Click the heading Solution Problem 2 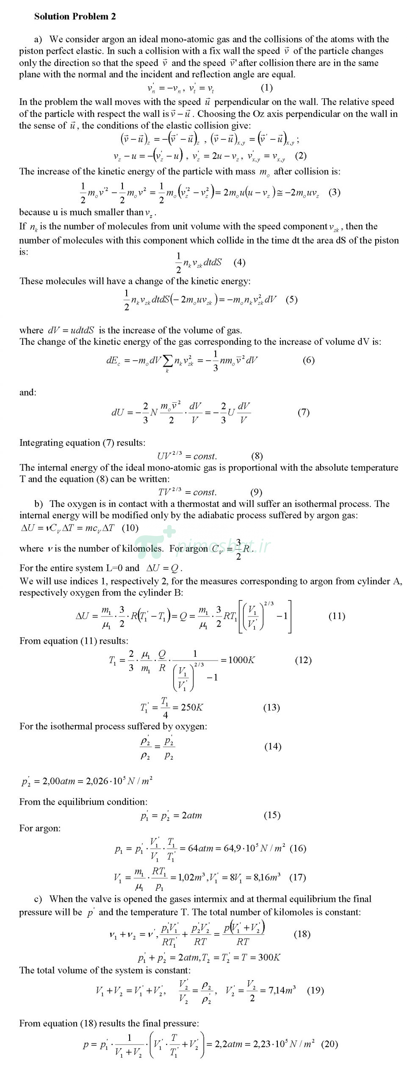75,17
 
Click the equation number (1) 266,88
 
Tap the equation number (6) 308,360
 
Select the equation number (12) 303,660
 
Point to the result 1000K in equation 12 241,660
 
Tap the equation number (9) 256,492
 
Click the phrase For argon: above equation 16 40,828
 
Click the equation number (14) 272,746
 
